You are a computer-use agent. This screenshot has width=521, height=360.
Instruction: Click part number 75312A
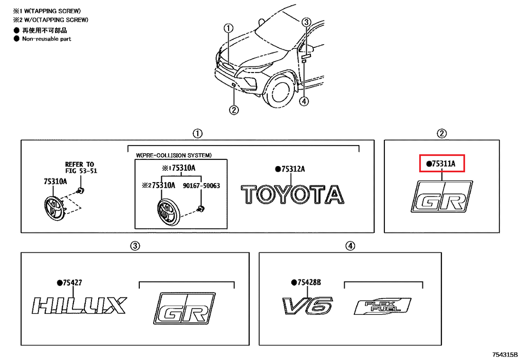pyautogui.click(x=292, y=169)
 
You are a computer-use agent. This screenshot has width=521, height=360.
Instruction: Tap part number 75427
pyautogui.click(x=71, y=282)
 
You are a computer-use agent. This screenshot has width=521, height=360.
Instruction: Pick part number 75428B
pyautogui.click(x=309, y=282)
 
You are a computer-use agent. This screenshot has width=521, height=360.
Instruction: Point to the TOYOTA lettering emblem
pyautogui.click(x=292, y=195)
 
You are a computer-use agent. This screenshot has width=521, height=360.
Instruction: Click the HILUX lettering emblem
pyautogui.click(x=79, y=306)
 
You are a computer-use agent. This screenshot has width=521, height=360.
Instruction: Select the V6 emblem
pyautogui.click(x=307, y=305)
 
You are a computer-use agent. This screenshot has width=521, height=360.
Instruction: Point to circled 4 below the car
pyautogui.click(x=304, y=101)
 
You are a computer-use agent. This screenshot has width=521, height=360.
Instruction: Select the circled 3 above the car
pyautogui.click(x=306, y=22)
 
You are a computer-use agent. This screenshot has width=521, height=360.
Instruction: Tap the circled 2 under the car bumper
pyautogui.click(x=234, y=109)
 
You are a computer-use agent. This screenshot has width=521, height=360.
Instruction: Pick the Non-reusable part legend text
pyautogui.click(x=46, y=39)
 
